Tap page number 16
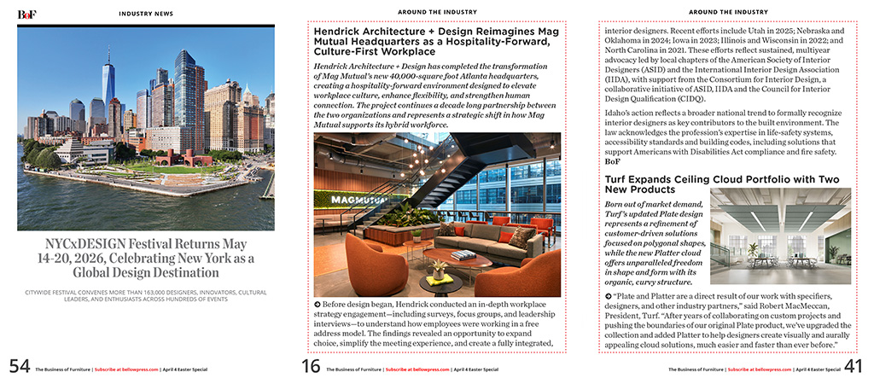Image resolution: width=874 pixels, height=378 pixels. coord(311,366)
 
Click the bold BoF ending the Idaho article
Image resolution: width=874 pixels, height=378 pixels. coord(612,160)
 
